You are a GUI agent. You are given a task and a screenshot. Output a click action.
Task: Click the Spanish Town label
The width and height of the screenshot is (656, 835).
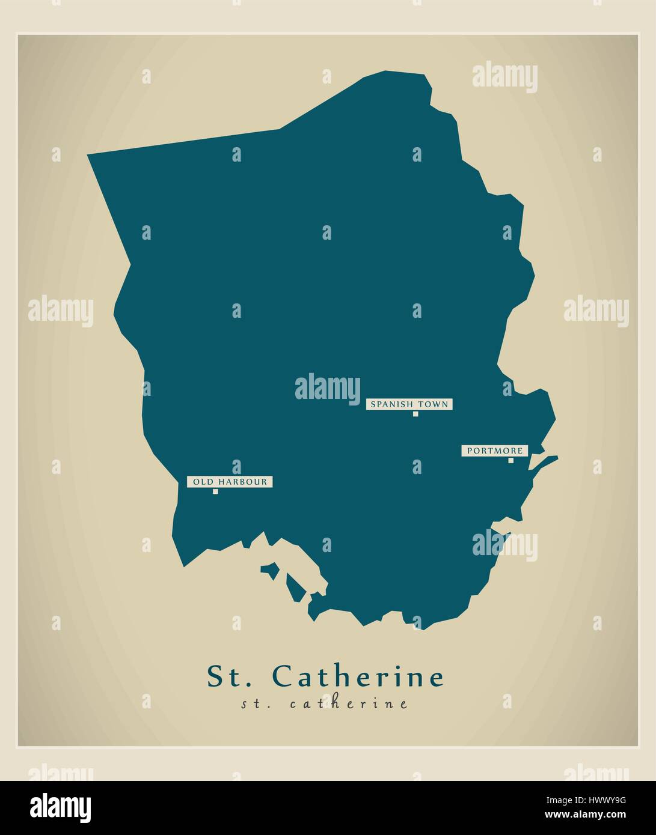[409, 404]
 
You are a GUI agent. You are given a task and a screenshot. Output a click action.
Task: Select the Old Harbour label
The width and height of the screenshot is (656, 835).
[230, 482]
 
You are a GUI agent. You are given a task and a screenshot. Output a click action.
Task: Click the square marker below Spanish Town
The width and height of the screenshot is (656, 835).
[415, 414]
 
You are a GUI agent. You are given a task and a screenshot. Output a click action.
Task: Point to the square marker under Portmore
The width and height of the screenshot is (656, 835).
[511, 461]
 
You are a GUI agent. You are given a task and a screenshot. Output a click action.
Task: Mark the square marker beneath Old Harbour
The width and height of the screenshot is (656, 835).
[215, 491]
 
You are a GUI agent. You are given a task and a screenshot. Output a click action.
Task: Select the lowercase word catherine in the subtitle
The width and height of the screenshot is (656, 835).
[349, 704]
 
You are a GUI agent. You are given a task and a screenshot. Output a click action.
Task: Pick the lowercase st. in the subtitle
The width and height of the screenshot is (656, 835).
[254, 704]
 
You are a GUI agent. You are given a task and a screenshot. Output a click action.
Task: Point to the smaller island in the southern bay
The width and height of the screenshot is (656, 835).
[271, 570]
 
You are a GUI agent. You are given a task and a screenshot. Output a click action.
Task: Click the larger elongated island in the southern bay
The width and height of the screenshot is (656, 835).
[294, 588]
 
